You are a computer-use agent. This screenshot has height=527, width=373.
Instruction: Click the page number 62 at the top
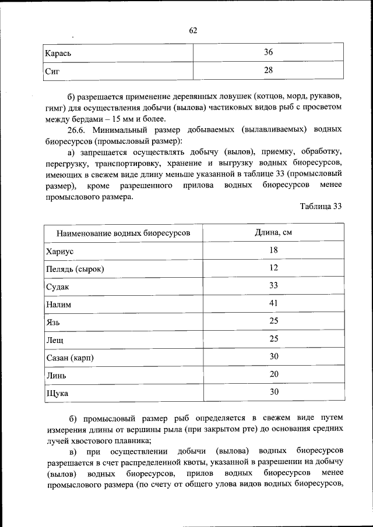tap(193, 31)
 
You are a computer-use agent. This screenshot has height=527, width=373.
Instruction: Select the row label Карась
tap(58, 54)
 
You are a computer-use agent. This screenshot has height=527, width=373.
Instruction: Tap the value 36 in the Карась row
tap(268, 52)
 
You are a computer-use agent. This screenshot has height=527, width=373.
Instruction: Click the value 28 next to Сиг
tap(268, 70)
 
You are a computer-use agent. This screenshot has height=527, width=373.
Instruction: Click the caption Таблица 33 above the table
tap(321, 207)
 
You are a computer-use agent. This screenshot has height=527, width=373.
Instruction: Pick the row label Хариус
tap(59, 252)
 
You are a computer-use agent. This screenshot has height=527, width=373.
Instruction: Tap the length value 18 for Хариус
tap(273, 250)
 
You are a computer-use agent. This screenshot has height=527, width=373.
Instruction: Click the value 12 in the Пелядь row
tap(273, 268)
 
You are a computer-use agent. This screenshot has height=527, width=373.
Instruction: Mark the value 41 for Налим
tap(273, 303)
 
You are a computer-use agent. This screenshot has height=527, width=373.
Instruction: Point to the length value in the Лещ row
tap(273, 338)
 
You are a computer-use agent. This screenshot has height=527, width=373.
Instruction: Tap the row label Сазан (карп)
tap(69, 358)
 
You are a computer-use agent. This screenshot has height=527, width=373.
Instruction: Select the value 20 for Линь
tap(273, 374)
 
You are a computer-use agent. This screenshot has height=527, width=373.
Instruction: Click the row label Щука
tap(57, 394)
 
